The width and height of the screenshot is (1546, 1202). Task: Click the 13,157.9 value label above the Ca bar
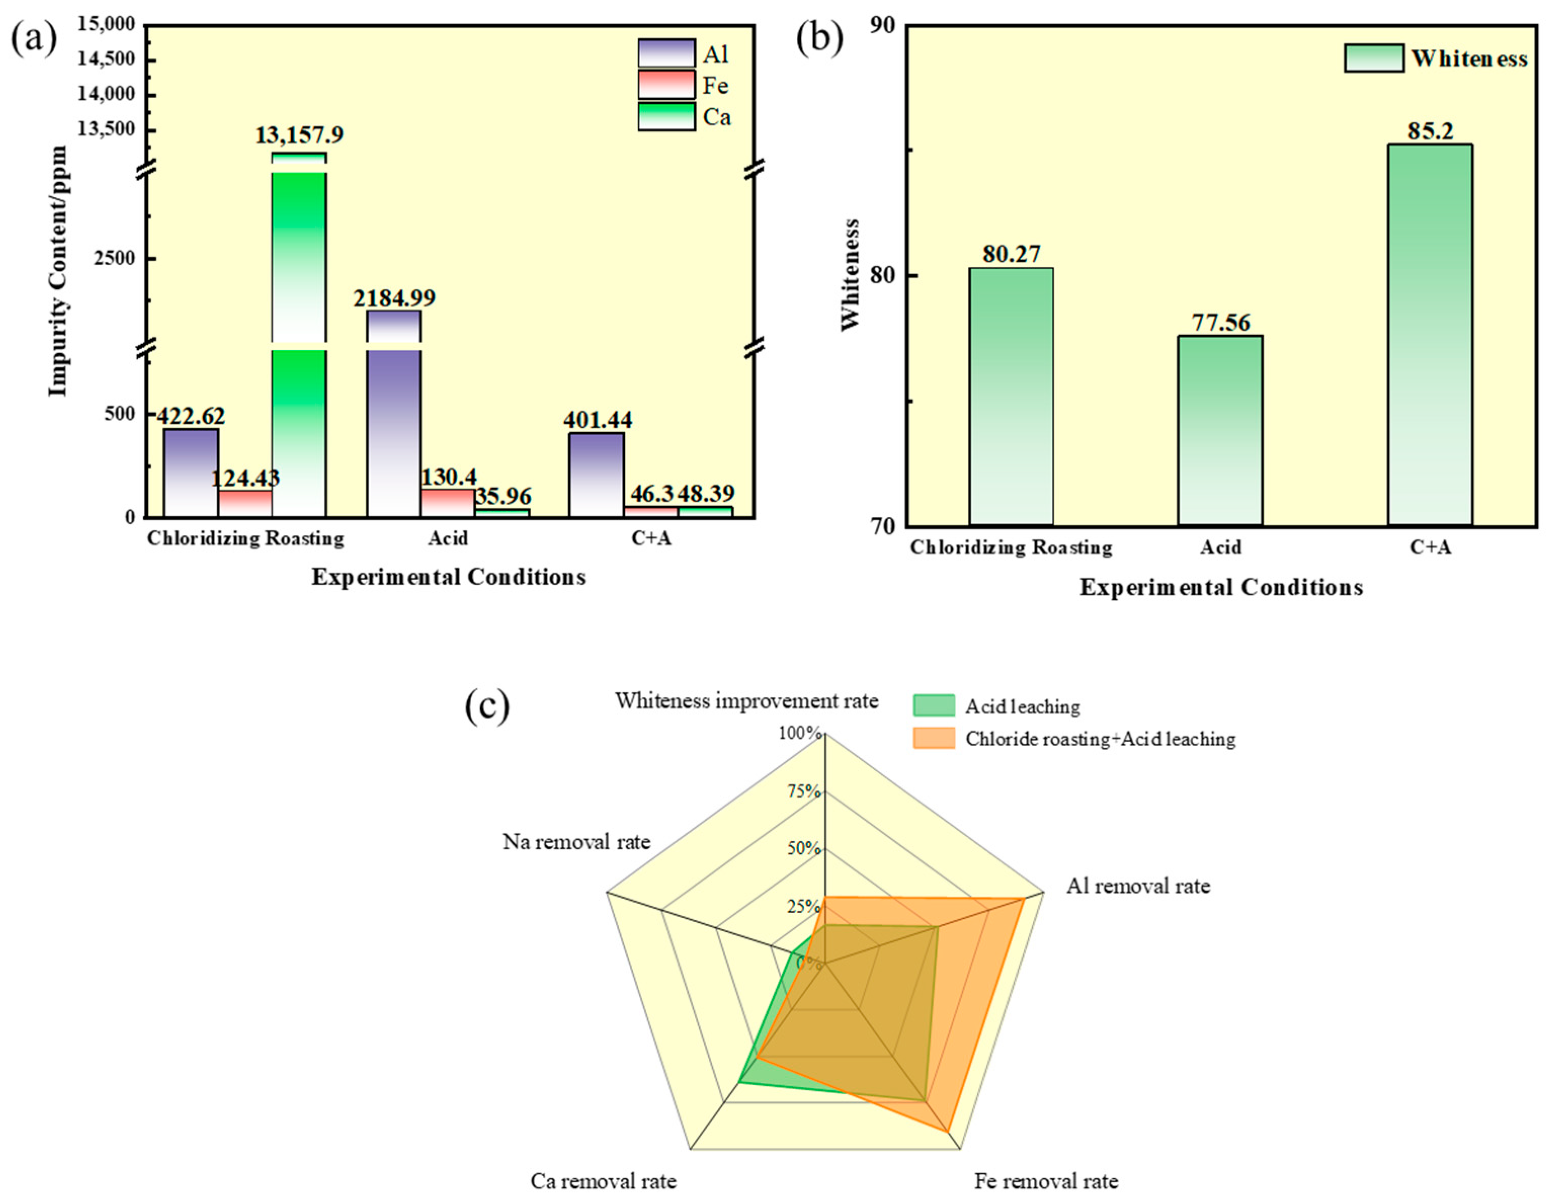300,135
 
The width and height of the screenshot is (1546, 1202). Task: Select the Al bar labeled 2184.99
394,425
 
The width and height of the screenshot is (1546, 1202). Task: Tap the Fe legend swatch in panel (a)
666,85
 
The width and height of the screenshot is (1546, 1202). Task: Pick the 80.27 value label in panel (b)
1011,254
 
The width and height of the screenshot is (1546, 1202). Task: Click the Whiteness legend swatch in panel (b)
1374,58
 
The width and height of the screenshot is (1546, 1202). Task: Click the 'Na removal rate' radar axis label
576,842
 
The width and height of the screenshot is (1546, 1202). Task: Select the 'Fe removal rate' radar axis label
1046,1181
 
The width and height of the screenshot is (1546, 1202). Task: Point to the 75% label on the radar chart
804,791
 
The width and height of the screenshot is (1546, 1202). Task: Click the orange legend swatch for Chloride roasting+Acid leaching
934,738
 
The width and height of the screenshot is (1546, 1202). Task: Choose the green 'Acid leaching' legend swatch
934,706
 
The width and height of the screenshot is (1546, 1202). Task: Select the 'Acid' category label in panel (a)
447,538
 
